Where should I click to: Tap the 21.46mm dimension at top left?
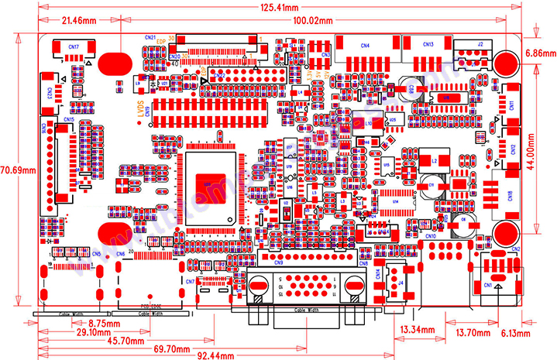click(x=80, y=19)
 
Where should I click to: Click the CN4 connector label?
click(x=364, y=45)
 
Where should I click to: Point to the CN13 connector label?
click(x=428, y=44)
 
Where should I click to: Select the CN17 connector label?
click(x=73, y=47)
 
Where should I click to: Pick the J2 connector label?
click(x=480, y=44)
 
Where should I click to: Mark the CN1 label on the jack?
click(x=488, y=285)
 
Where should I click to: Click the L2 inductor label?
click(x=434, y=160)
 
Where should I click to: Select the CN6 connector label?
click(x=120, y=254)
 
